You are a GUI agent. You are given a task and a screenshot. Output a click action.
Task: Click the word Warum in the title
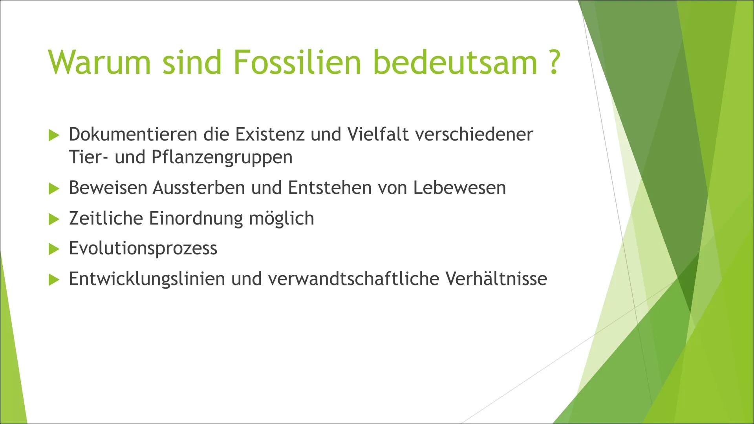coord(99,62)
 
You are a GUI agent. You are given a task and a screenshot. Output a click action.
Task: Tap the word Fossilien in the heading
coord(297,62)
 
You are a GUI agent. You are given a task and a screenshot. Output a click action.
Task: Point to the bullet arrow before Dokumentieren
coord(53,135)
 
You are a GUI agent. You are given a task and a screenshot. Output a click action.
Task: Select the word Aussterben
coord(199,188)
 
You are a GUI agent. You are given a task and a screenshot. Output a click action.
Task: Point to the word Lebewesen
coord(459,188)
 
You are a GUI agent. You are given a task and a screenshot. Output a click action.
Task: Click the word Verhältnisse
coord(496,279)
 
